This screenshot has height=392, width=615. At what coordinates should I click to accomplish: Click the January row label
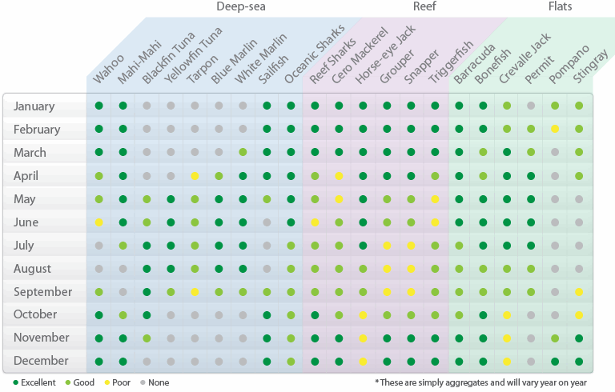click(34, 106)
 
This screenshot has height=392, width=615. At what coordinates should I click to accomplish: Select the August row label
click(32, 269)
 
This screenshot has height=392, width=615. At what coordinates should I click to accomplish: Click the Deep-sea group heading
click(240, 7)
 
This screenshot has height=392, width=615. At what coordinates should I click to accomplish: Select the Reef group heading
click(424, 7)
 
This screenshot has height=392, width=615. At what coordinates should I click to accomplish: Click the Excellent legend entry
click(34, 382)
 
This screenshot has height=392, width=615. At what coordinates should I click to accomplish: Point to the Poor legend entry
click(119, 382)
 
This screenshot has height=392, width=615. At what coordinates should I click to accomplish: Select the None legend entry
click(155, 382)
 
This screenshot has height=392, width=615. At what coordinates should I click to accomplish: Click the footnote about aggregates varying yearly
click(490, 382)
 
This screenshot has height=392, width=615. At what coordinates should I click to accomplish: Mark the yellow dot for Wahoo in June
click(99, 222)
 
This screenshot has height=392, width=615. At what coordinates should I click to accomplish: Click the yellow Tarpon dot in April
click(195, 176)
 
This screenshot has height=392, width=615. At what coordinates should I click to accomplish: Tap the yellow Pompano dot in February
click(555, 129)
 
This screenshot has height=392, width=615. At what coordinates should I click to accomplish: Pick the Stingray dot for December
click(579, 362)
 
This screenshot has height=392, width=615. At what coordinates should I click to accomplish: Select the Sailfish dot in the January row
click(267, 106)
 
